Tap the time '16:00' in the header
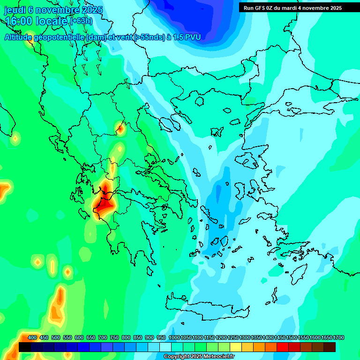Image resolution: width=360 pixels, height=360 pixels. (x=19, y=21)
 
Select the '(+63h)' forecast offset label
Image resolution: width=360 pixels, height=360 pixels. (x=82, y=21)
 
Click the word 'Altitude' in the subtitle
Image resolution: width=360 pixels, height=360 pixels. (x=20, y=37)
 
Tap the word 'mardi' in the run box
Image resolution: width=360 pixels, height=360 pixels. (x=288, y=7)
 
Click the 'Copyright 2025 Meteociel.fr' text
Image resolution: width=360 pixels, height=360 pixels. (x=199, y=357)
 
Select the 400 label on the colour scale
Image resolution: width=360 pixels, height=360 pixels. (x=32, y=337)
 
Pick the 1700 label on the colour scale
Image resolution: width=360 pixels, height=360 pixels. (x=326, y=337)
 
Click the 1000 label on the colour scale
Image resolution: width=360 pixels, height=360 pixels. (x=174, y=337)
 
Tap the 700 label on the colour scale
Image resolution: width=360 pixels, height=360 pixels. (x=103, y=337)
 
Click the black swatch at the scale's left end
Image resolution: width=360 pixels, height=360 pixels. (x=25, y=347)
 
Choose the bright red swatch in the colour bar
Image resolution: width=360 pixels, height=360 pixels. (x=283, y=347)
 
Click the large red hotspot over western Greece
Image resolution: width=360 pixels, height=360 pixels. (x=105, y=204)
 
